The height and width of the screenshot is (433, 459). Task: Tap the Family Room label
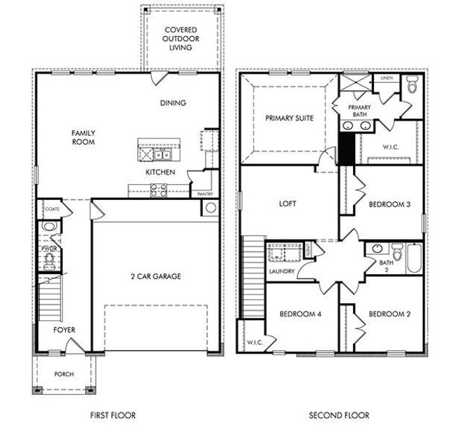pyautogui.click(x=84, y=137)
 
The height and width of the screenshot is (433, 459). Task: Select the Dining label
pyautogui.click(x=172, y=102)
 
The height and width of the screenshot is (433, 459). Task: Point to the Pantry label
pyautogui.click(x=197, y=193)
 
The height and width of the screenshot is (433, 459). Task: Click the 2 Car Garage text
pyautogui.click(x=156, y=276)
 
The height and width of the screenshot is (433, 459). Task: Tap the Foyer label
pyautogui.click(x=64, y=330)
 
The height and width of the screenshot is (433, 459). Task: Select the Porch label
pyautogui.click(x=64, y=374)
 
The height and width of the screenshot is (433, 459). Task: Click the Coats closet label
pyautogui.click(x=51, y=209)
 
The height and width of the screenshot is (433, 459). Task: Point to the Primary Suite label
pyautogui.click(x=289, y=118)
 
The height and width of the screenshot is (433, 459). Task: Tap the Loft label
pyautogui.click(x=288, y=204)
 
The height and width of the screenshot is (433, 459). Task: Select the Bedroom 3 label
pyautogui.click(x=389, y=204)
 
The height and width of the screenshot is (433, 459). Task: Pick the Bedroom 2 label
pyautogui.click(x=389, y=314)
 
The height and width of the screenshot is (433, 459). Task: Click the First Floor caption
pyautogui.click(x=112, y=415)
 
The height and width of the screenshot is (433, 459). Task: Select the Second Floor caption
pyautogui.click(x=338, y=415)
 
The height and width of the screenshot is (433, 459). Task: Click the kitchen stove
pyautogui.click(x=157, y=190)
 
